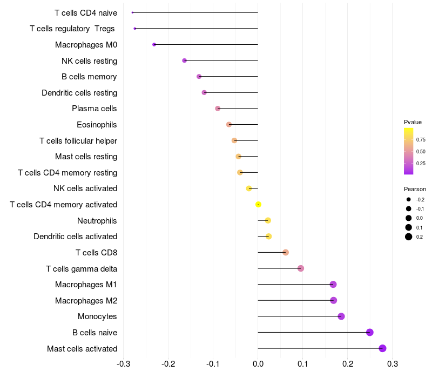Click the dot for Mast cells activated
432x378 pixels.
pos(382,348)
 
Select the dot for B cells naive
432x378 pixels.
pos(370,332)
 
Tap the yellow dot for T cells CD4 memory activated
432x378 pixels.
pos(259,204)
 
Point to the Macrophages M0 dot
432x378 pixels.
pos(154,44)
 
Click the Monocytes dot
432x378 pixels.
pos(341,316)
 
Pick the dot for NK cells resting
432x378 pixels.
pos(184,60)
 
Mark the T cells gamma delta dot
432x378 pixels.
pos(301,268)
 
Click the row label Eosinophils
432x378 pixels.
pos(97,125)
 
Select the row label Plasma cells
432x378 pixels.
pos(94,109)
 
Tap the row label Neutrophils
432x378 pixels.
pos(97,220)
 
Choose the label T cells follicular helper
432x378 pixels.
pos(78,141)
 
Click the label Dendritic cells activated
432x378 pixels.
pos(76,237)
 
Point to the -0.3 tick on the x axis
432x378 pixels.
pos(124,363)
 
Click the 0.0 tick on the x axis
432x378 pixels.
pos(258,363)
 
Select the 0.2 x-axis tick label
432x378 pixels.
pos(347,363)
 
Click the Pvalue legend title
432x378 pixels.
pos(413,122)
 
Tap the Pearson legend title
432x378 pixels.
pos(415,189)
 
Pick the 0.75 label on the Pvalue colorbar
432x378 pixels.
pos(421,139)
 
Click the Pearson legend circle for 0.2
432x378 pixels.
pos(409,237)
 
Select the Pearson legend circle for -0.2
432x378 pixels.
pos(409,199)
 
